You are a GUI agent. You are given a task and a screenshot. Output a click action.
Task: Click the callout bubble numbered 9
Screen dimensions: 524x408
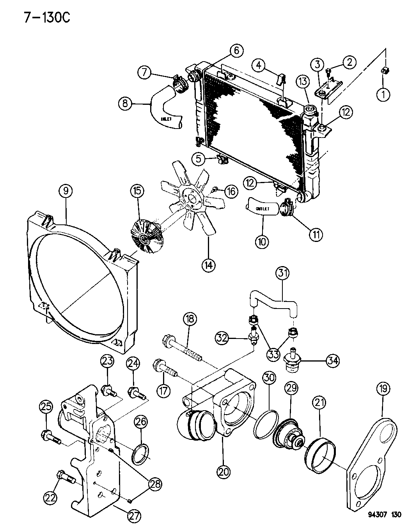(66, 192)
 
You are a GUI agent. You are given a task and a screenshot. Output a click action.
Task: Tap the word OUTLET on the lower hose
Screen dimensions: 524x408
(263, 209)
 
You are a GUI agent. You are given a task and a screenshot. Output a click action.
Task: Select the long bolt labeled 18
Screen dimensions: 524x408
(183, 345)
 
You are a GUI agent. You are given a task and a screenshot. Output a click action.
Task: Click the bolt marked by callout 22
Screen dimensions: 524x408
(67, 477)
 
